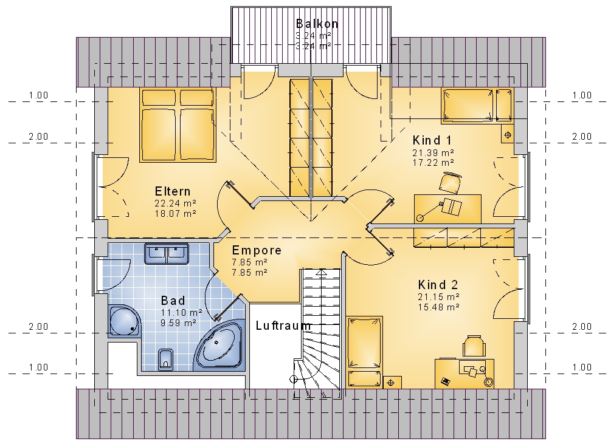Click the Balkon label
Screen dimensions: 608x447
pyautogui.click(x=317, y=24)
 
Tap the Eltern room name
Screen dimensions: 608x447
pyautogui.click(x=173, y=191)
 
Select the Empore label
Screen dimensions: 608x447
pyautogui.click(x=257, y=250)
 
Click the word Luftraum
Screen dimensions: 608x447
pyautogui.click(x=283, y=326)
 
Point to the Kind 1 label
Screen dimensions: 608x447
pyautogui.click(x=432, y=140)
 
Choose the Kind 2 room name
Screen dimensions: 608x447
pyautogui.click(x=438, y=285)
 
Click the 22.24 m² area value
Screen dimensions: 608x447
pyautogui.click(x=175, y=203)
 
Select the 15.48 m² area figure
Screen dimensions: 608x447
pyautogui.click(x=438, y=307)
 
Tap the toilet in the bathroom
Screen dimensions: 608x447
pyautogui.click(x=165, y=360)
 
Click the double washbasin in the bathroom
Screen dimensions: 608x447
pyautogui.click(x=167, y=254)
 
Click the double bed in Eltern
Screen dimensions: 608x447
pyautogui.click(x=178, y=125)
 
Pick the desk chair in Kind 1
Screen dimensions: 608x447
pyautogui.click(x=451, y=182)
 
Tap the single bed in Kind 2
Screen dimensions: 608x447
pyautogui.click(x=364, y=352)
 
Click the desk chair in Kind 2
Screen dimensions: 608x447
pyautogui.click(x=474, y=346)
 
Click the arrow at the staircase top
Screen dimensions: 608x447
pyautogui.click(x=322, y=273)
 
